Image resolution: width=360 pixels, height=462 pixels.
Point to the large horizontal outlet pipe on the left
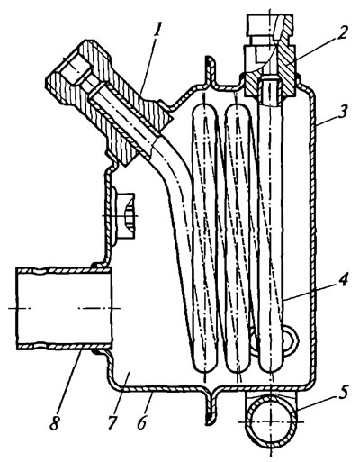tap(64, 308)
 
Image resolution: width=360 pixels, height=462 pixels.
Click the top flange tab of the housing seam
tap(210, 71)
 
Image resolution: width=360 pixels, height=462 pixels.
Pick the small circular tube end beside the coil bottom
tap(290, 339)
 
